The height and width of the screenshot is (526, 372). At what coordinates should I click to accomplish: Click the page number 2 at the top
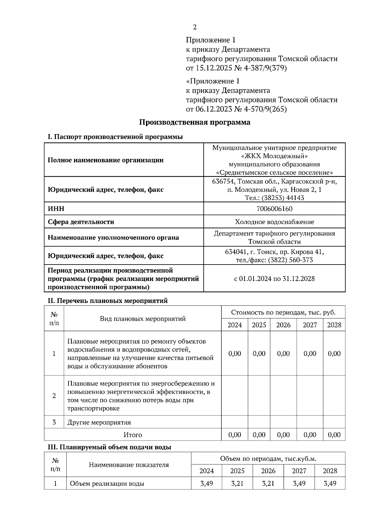(194, 27)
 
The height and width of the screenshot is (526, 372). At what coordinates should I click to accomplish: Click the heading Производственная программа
(194, 122)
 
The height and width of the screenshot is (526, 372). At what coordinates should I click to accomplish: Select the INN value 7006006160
(274, 209)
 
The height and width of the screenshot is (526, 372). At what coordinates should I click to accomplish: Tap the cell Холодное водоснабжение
(274, 222)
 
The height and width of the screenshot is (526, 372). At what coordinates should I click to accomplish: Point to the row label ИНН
(56, 209)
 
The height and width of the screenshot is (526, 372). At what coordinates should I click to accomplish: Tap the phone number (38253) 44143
(283, 198)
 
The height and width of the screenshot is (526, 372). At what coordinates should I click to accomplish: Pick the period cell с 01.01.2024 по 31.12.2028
(274, 278)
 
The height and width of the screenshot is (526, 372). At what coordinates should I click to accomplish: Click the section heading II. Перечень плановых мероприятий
(107, 300)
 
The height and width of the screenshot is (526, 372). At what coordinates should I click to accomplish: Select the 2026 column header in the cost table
(283, 325)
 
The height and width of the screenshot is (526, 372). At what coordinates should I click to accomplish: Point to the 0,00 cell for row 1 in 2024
(235, 354)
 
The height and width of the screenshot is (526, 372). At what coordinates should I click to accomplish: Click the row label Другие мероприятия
(99, 423)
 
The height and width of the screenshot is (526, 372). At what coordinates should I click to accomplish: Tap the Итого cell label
(133, 435)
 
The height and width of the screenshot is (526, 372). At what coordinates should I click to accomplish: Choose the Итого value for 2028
(334, 435)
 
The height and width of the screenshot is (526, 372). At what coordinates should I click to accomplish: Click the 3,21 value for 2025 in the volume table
(237, 484)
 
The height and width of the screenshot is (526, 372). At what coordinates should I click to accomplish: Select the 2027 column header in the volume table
(299, 471)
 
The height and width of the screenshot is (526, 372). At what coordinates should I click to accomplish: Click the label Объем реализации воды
(107, 484)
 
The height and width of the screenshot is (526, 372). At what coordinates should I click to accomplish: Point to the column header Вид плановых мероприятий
(143, 319)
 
